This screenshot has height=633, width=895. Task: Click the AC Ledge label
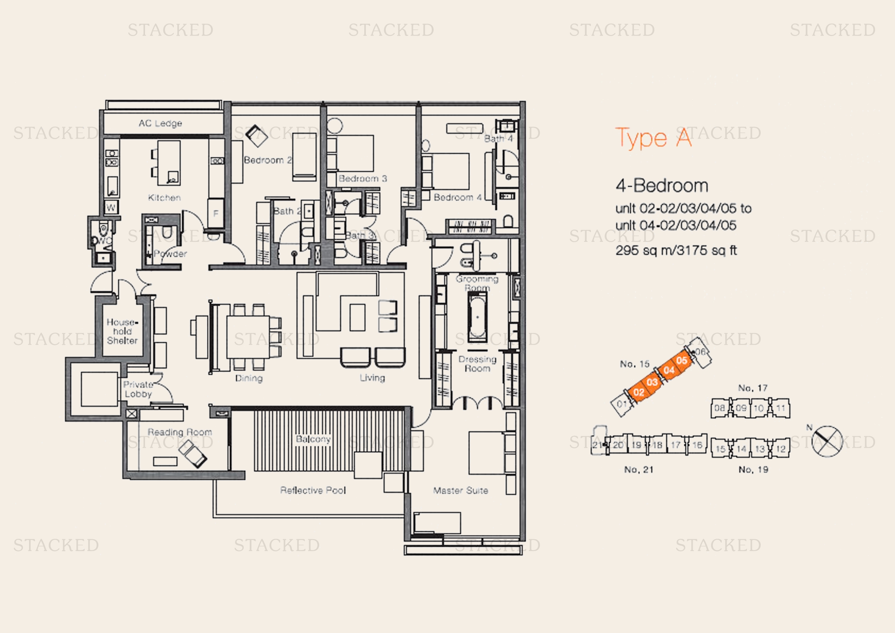point(160,123)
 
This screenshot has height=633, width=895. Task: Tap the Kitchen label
point(164,197)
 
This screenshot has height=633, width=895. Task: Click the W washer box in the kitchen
point(111,207)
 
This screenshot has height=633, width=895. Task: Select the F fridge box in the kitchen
point(215,213)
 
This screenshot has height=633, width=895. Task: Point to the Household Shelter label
point(122,331)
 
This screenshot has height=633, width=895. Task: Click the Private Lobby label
point(138,389)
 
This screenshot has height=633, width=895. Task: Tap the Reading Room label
point(180,432)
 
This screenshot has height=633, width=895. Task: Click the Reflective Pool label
point(313,490)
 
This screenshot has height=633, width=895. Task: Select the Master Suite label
point(460,490)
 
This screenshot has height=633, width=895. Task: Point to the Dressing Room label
point(477,364)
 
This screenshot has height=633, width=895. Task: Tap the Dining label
point(249,378)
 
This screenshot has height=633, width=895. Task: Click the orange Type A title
point(653,139)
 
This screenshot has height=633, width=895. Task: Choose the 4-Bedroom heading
point(662,186)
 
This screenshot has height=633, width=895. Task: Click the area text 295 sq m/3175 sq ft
point(676,250)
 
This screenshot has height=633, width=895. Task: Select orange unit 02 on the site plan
point(639,392)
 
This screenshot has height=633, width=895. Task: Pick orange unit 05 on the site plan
point(682,360)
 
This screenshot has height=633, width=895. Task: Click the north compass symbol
point(827,441)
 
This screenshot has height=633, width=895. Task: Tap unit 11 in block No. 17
point(780,408)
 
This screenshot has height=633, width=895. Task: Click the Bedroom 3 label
point(362,178)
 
